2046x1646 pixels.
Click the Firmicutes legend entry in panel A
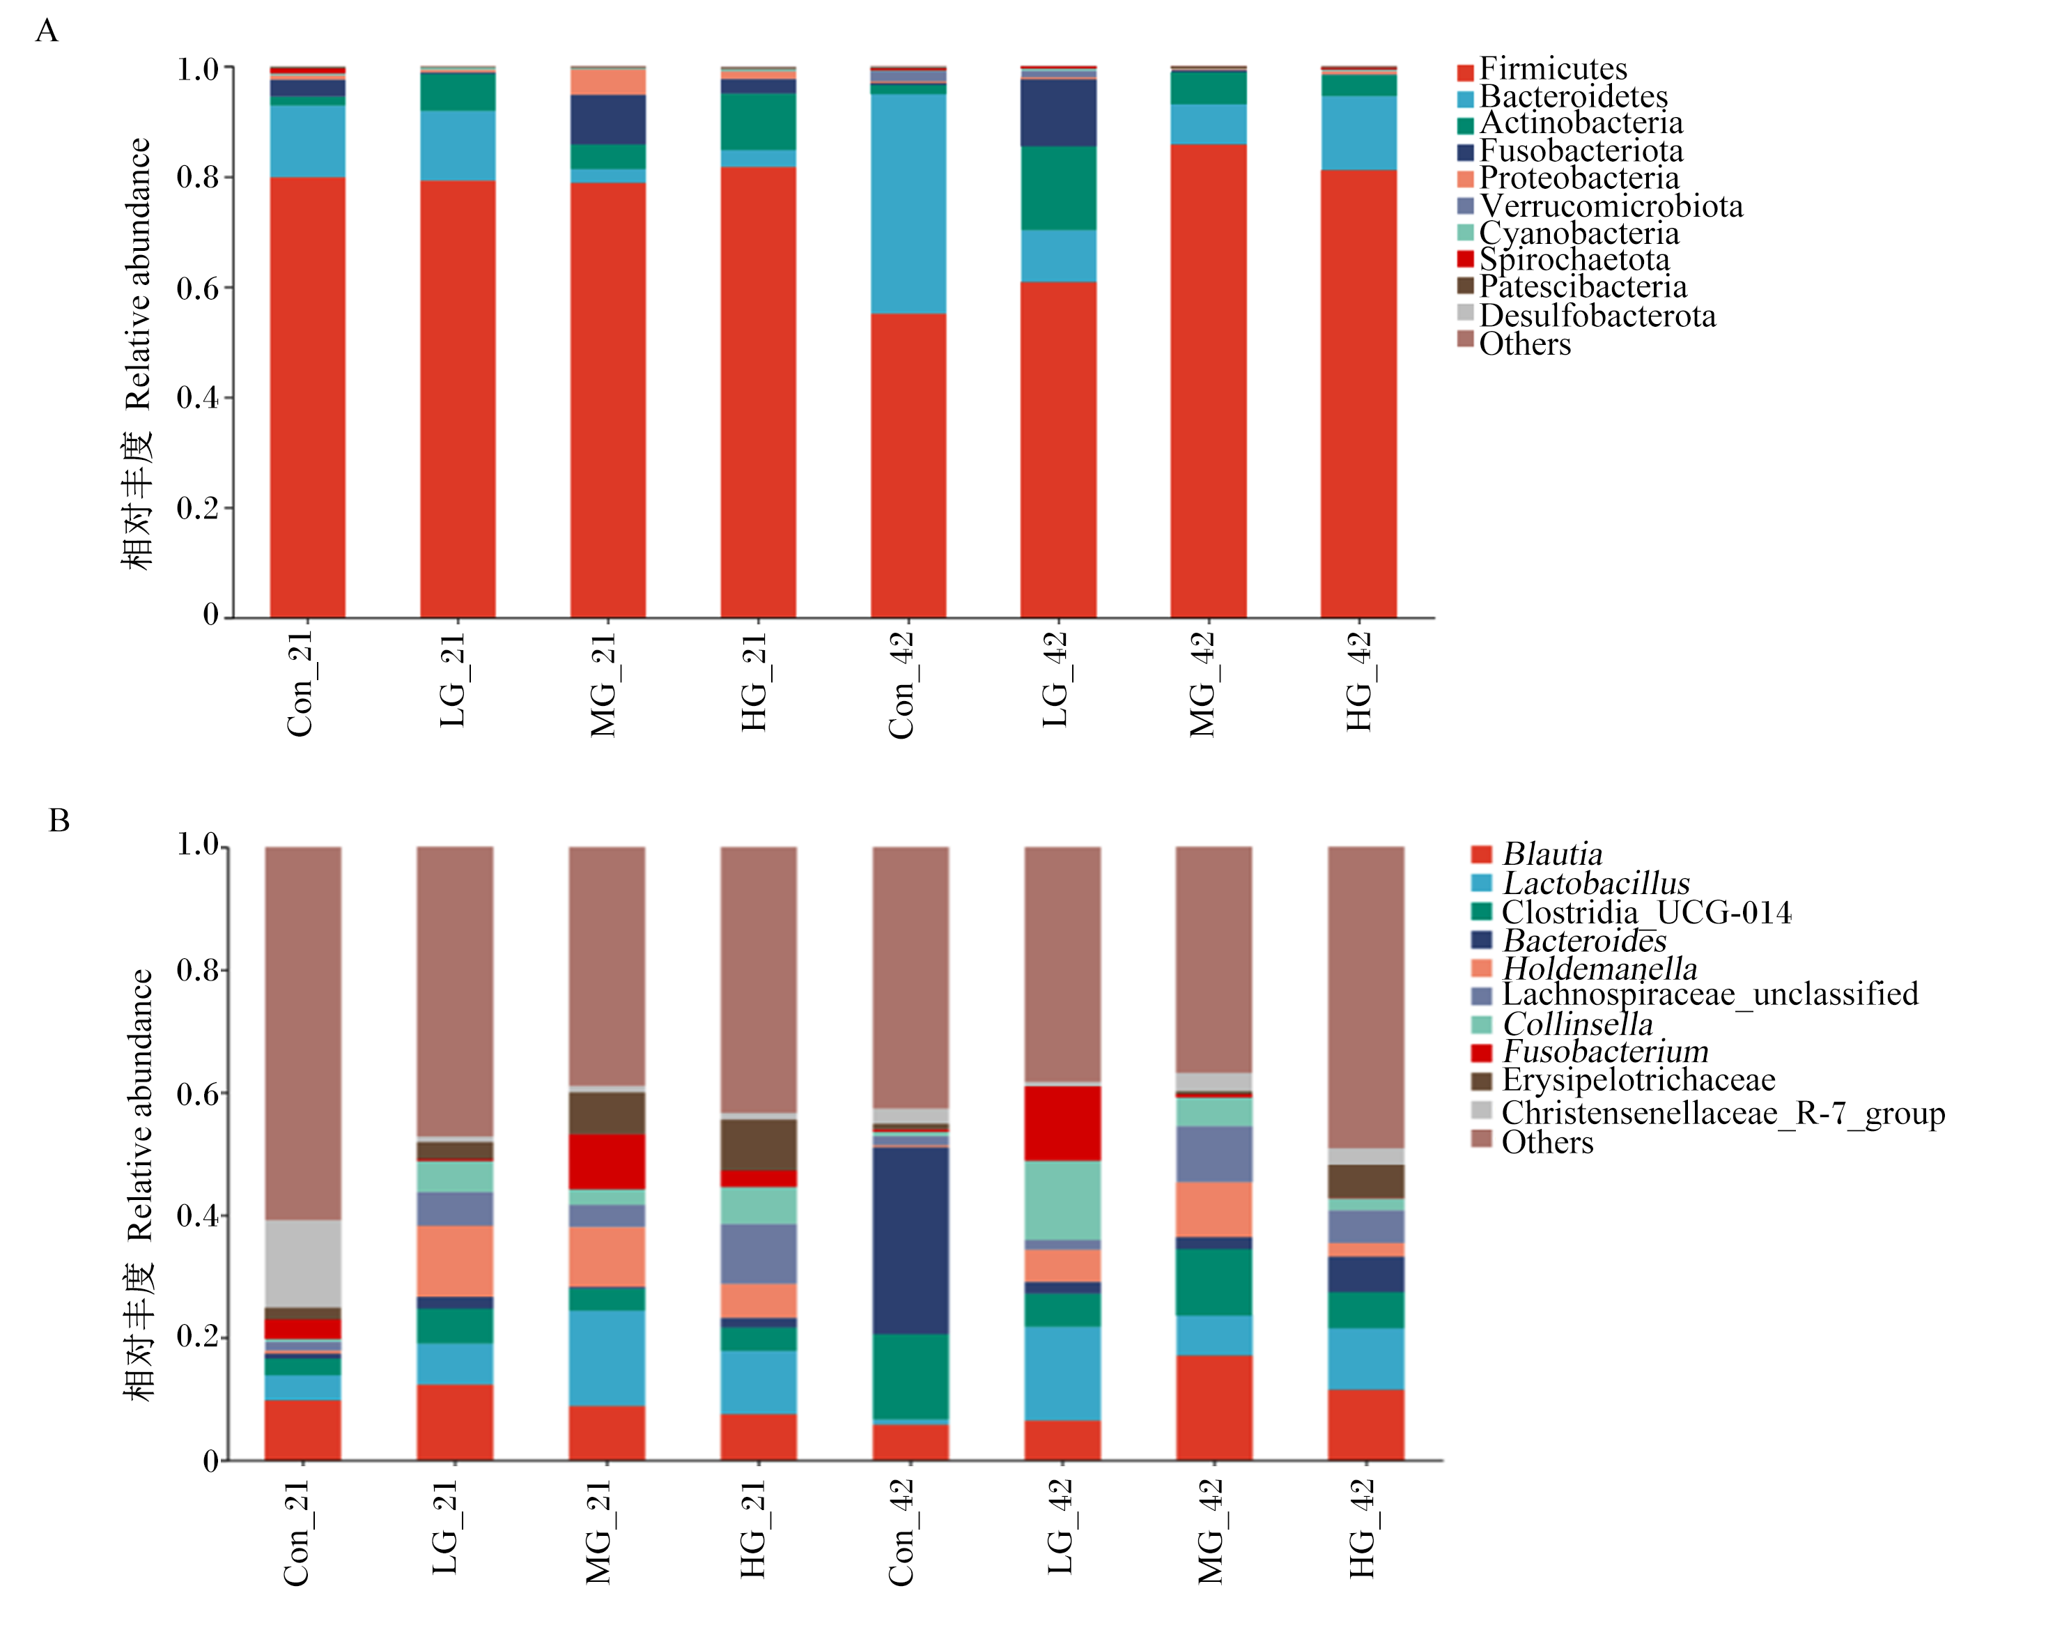[x=1542, y=69]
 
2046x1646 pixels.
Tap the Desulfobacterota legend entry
[x=1587, y=315]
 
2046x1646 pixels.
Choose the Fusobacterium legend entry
[x=1590, y=1052]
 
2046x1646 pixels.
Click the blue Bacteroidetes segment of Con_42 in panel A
[x=908, y=203]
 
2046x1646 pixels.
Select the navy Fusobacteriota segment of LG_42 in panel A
[x=1058, y=113]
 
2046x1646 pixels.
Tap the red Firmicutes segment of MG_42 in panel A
[x=1208, y=380]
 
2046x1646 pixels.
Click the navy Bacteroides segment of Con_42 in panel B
[x=910, y=1240]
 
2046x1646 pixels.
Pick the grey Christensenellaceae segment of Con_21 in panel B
[x=303, y=1263]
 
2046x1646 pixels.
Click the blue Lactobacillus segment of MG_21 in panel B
[x=606, y=1357]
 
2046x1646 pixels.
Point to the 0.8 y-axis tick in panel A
[x=228, y=178]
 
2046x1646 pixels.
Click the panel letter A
[x=47, y=31]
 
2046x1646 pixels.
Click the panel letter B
[x=59, y=820]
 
